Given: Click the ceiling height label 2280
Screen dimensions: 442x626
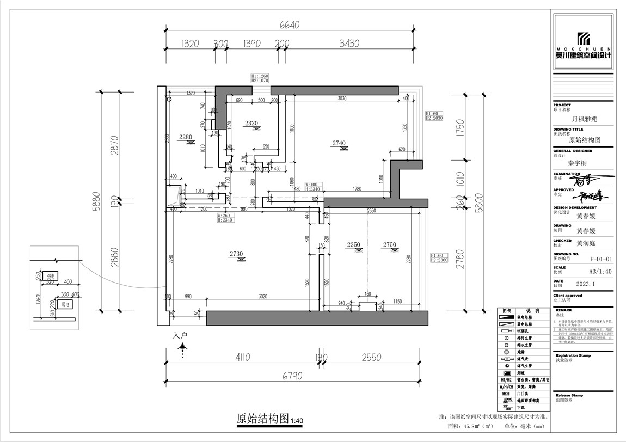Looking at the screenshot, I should (x=186, y=137).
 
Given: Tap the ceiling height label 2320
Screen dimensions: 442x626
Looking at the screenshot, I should (x=251, y=124).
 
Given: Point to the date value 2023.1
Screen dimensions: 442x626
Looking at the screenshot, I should (x=585, y=284).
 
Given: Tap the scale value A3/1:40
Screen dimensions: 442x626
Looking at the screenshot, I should (x=585, y=271).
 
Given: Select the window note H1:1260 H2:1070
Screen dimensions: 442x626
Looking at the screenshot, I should (x=260, y=78).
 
